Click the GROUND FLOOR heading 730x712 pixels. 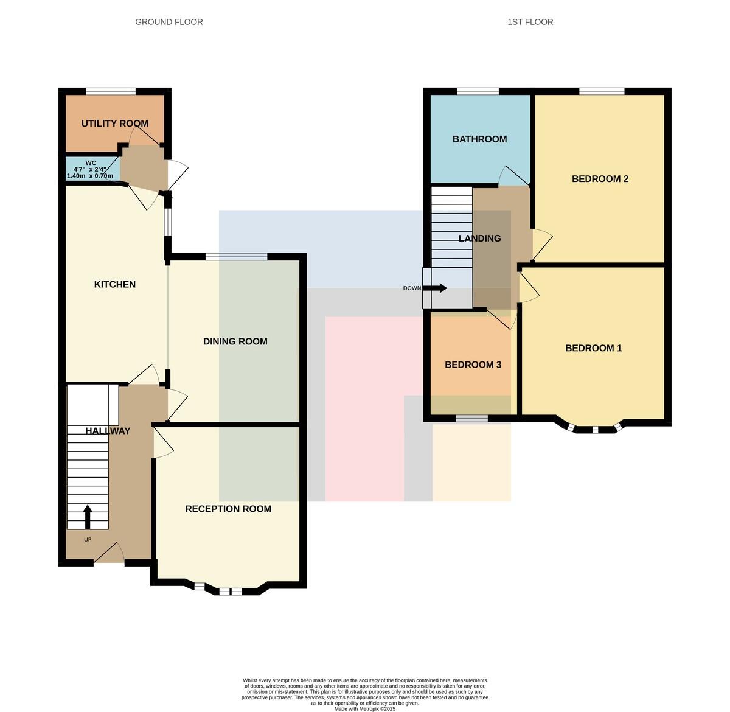click(169, 22)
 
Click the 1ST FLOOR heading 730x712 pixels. click(530, 22)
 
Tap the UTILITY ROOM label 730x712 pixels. click(115, 124)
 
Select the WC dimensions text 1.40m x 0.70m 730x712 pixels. click(90, 176)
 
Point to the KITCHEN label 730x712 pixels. click(115, 284)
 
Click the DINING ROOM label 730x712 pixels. click(235, 341)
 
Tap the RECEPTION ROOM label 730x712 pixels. click(228, 509)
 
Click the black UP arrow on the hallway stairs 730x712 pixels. click(88, 517)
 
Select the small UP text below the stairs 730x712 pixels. click(88, 539)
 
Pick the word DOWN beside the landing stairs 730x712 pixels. click(412, 288)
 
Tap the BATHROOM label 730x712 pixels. click(480, 139)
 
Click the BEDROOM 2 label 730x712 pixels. click(600, 179)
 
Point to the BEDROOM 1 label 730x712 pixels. click(594, 348)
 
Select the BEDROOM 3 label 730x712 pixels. click(473, 365)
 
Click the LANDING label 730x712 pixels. click(480, 239)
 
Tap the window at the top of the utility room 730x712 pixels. click(111, 91)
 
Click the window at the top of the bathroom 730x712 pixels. click(478, 91)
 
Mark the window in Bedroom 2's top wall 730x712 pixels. click(602, 91)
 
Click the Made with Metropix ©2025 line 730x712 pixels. click(364, 708)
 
